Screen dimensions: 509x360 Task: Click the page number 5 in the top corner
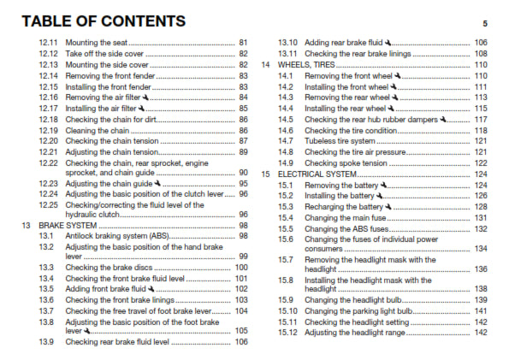click(x=484, y=23)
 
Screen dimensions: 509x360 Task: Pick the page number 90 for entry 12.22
click(x=244, y=173)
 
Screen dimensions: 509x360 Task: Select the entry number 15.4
click(x=287, y=217)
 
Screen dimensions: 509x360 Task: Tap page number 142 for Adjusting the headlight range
click(x=481, y=333)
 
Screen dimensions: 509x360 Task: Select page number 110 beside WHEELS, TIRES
click(x=481, y=64)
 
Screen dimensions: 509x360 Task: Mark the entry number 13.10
click(x=288, y=42)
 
